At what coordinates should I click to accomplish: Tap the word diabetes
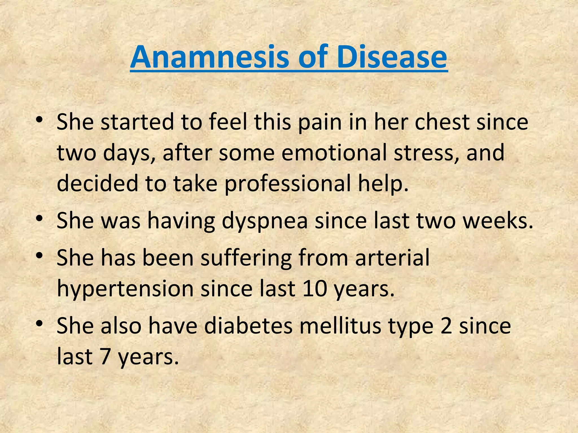[248, 326]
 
